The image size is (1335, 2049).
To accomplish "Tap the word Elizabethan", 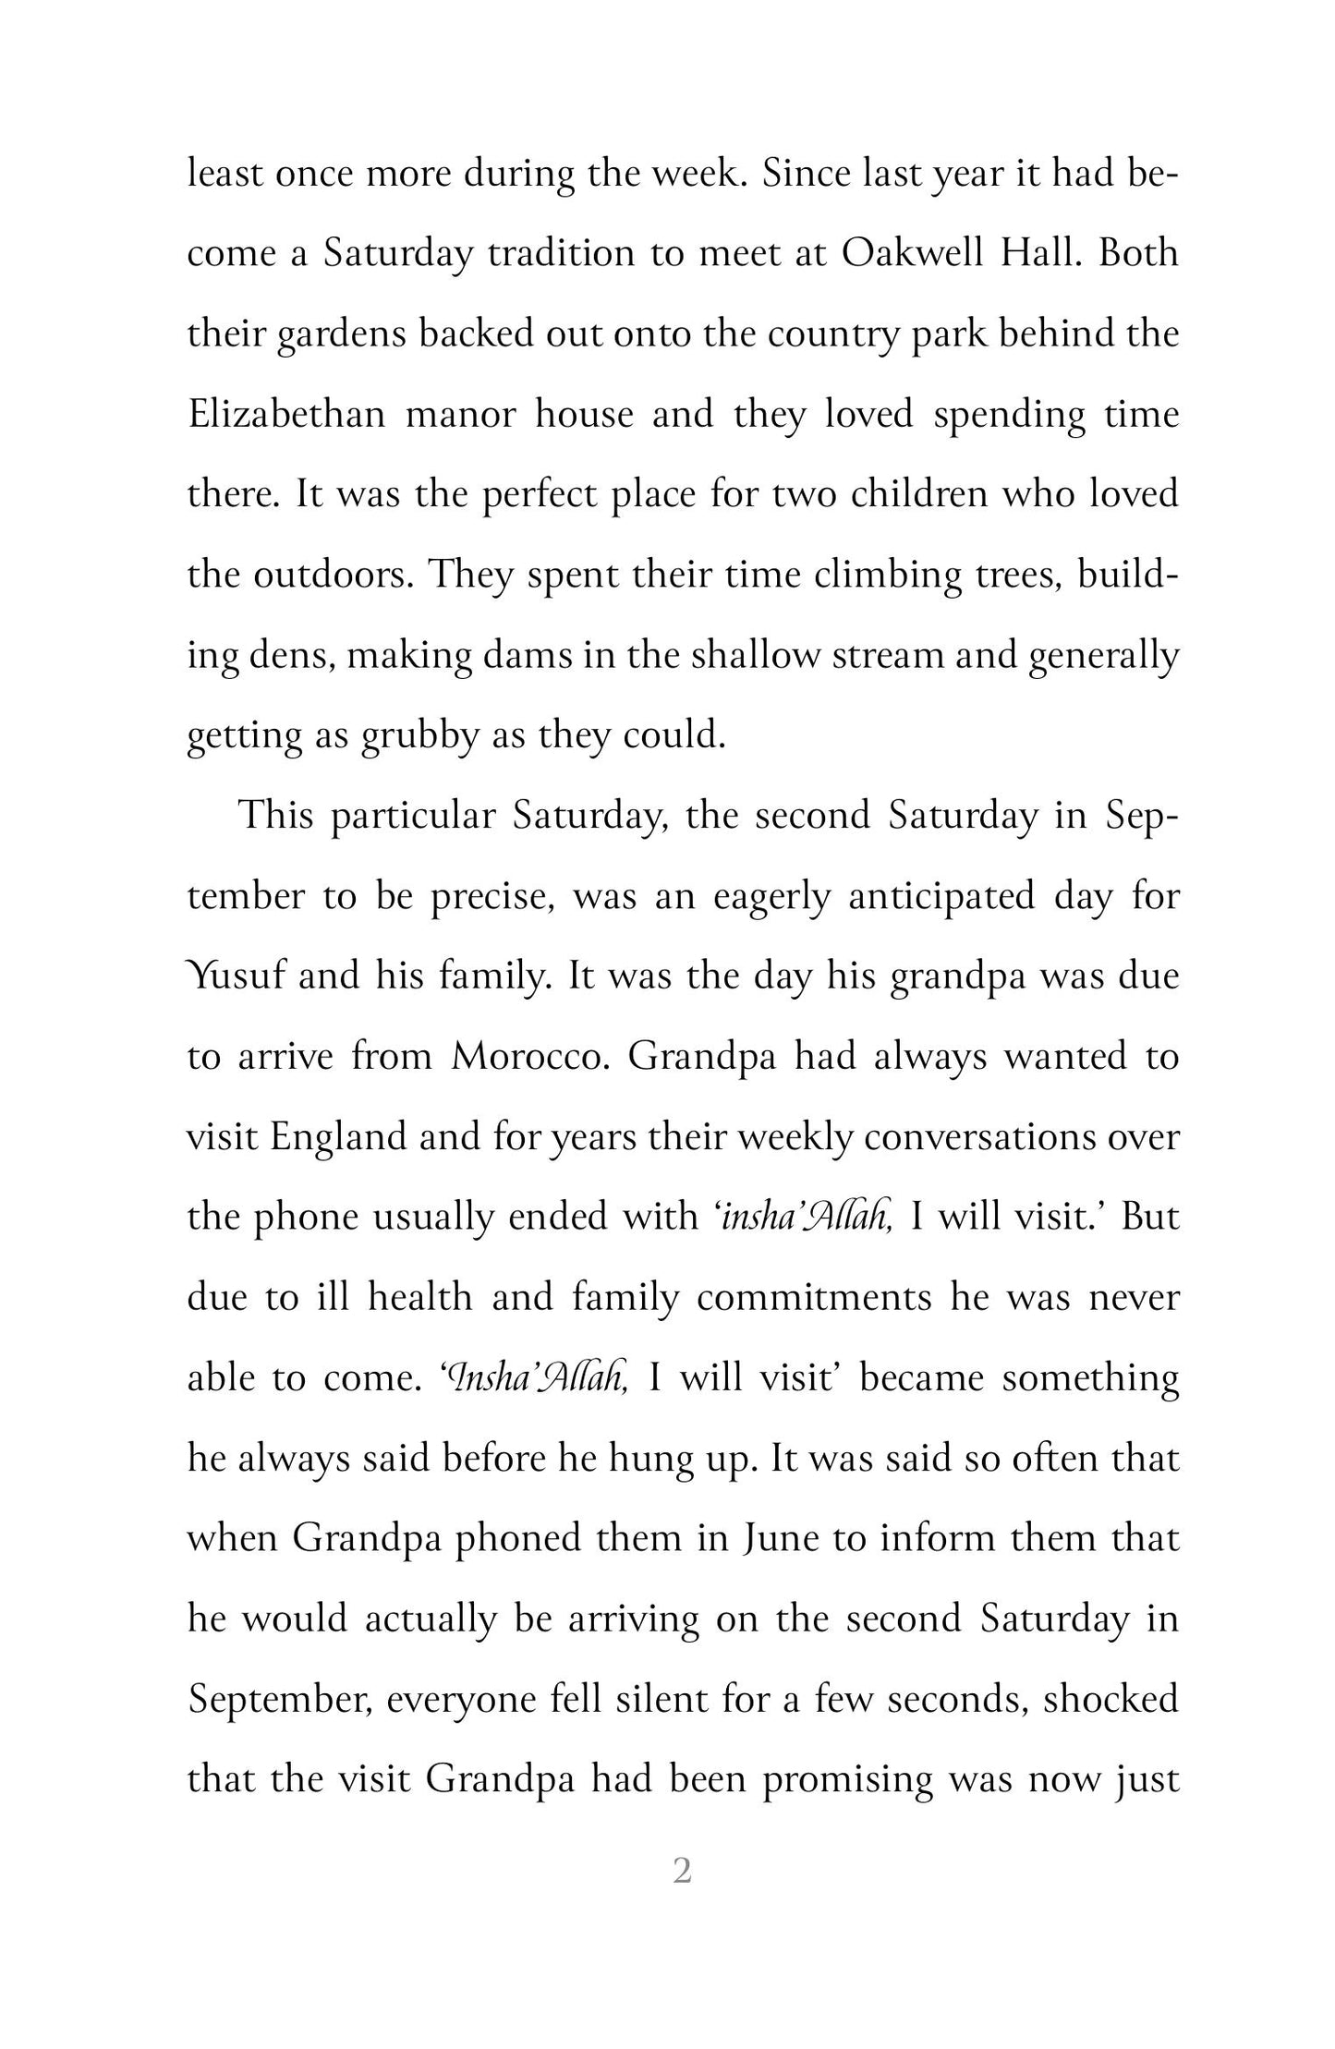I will (x=286, y=414).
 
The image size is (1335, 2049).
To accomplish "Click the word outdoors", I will (x=333, y=575).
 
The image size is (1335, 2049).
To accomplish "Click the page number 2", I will (x=682, y=1871).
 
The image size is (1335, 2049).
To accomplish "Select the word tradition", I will (x=562, y=254).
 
